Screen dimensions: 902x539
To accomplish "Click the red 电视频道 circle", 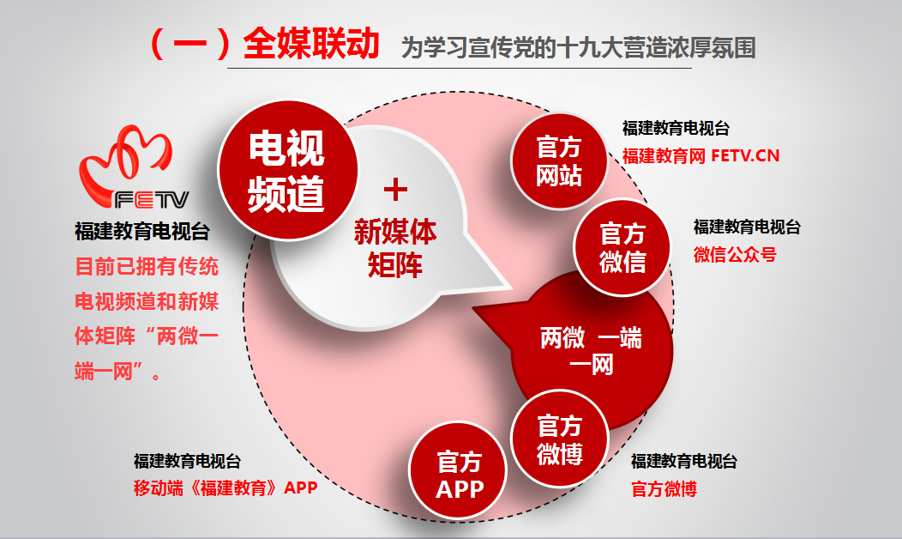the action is [287, 170].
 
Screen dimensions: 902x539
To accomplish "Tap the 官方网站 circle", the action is [559, 161].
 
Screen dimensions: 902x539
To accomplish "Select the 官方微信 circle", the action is [622, 248].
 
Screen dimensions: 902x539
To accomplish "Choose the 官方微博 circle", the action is [560, 439].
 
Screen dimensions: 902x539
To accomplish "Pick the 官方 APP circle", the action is [459, 470].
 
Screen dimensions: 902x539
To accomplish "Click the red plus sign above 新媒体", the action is [396, 190].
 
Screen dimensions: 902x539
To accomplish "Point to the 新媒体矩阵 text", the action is [395, 248].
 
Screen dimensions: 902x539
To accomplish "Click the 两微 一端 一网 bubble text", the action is [591, 350].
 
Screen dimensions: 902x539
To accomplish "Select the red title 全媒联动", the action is [311, 43].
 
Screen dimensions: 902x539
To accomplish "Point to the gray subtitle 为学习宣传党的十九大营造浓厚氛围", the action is [578, 47].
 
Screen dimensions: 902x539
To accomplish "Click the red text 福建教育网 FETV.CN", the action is [701, 155].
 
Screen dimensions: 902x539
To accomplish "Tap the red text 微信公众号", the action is [735, 254].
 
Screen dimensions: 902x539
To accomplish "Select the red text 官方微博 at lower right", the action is [664, 489].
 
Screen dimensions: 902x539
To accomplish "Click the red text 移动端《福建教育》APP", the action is [225, 488].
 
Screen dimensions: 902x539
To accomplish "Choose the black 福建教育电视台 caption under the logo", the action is [142, 232].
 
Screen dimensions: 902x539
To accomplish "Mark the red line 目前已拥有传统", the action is [147, 267].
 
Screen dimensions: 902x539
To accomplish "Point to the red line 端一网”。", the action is [118, 372].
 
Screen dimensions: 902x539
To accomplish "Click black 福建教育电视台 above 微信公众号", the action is [747, 227].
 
